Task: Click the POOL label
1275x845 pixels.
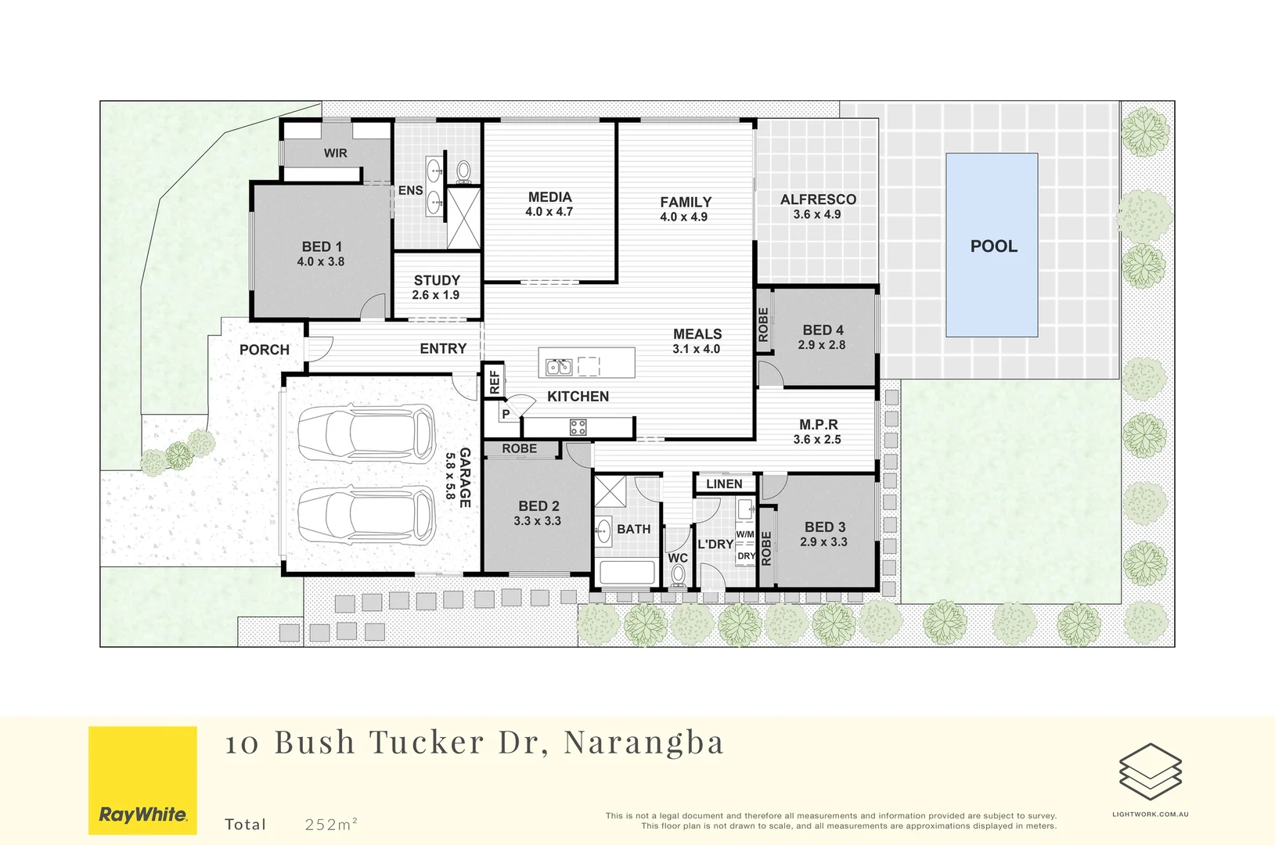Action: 993,246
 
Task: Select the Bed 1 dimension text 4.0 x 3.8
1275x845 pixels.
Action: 321,262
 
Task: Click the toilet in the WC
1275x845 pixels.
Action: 679,576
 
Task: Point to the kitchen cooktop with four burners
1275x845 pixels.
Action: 578,427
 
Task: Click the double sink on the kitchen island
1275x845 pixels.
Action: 559,366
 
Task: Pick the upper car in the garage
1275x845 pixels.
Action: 366,434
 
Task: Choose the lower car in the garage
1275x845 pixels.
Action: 366,516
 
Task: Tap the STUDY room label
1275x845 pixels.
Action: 437,280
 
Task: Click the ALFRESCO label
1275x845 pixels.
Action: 818,200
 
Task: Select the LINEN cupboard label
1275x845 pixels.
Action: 724,484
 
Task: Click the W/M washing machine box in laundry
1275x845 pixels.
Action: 745,534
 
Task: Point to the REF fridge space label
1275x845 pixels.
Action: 494,383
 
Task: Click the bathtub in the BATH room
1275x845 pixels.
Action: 626,573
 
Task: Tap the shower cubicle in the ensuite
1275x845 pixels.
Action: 463,218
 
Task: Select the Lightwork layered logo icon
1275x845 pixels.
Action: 1150,771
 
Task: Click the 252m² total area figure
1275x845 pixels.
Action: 331,825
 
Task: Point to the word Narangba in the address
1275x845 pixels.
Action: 644,743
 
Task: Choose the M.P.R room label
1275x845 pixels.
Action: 819,425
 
